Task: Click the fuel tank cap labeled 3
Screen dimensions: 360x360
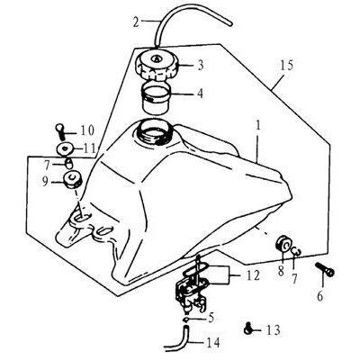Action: point(157,67)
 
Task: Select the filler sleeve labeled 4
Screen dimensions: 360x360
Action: point(156,98)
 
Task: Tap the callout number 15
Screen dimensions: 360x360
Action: point(287,66)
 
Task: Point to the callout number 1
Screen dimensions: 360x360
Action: point(258,125)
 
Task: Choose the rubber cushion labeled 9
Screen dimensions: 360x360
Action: point(71,179)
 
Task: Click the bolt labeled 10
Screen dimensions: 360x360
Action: point(59,130)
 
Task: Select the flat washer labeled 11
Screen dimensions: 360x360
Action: point(65,149)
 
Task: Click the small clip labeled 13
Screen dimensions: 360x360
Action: point(247,328)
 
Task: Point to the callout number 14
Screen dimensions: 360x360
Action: point(212,342)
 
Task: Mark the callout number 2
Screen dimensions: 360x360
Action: point(136,22)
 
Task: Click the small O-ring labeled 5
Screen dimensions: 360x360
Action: point(187,319)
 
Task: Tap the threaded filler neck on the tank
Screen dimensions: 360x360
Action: point(155,131)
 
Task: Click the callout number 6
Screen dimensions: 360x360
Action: point(320,296)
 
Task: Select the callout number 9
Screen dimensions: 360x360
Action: point(45,181)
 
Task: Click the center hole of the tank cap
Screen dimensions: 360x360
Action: point(157,58)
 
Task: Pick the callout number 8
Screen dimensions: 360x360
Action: point(281,271)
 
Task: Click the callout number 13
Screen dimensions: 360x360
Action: point(273,329)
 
